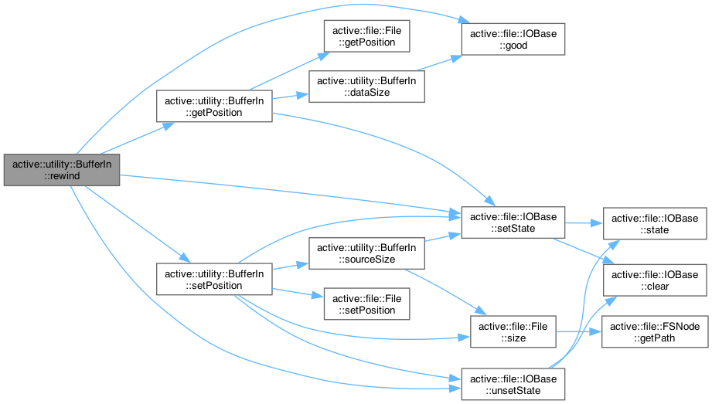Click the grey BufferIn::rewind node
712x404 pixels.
(x=62, y=169)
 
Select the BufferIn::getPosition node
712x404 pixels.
(x=213, y=105)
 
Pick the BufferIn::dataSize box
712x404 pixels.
(x=366, y=86)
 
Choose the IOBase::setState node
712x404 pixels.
(x=513, y=222)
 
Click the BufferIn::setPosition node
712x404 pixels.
(x=213, y=279)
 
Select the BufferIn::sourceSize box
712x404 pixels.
(x=366, y=253)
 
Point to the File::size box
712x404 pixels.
(x=513, y=332)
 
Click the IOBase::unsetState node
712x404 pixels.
(x=513, y=384)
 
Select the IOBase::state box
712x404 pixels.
(x=655, y=222)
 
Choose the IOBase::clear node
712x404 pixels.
(x=655, y=280)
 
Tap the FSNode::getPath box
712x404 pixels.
(x=655, y=332)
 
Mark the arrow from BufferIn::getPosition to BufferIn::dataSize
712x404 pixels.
(x=289, y=97)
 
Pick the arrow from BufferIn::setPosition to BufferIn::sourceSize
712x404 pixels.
(x=289, y=267)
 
